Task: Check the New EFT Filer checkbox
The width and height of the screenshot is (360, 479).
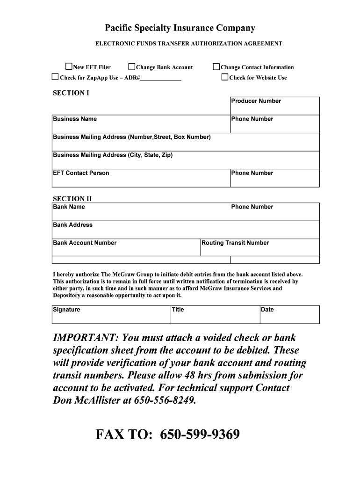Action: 69,67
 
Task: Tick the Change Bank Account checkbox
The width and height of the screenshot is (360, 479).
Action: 132,67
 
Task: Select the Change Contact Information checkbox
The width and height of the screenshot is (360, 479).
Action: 216,67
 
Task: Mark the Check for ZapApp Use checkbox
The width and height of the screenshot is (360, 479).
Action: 55,77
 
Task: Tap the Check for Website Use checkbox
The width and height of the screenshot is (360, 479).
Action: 225,77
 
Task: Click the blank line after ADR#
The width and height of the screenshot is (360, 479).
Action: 161,78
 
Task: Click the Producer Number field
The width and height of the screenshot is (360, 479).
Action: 274,109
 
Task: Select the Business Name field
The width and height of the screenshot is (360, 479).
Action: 140,127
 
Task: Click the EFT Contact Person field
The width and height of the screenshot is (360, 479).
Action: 140,181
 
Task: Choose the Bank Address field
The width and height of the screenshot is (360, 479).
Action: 186,232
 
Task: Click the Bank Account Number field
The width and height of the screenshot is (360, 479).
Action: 126,250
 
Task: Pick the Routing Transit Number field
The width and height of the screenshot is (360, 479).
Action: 260,250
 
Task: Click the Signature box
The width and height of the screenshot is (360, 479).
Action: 111,317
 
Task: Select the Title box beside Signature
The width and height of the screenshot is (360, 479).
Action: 215,317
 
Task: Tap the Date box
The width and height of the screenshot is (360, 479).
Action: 289,317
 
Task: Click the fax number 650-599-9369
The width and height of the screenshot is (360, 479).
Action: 200,435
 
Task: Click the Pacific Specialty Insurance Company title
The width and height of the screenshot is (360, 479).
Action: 180,28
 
